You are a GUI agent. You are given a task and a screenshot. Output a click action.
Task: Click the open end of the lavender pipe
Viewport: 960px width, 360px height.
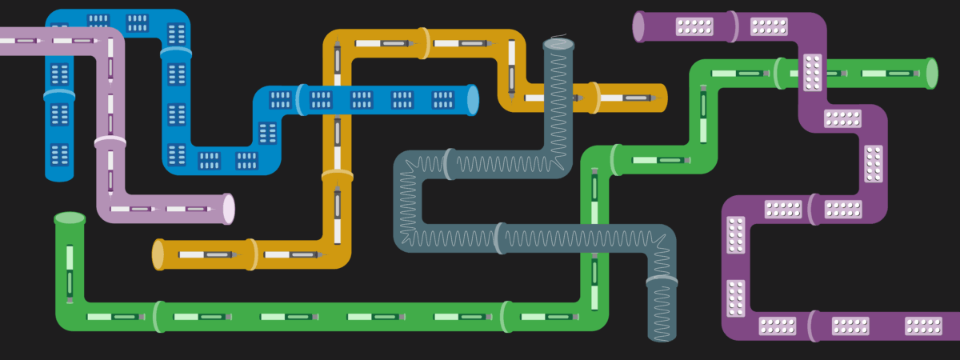229,209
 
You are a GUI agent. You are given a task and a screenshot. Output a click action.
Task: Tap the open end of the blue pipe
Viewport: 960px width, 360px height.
472,100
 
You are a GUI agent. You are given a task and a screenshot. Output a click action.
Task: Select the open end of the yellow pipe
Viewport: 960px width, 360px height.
158,254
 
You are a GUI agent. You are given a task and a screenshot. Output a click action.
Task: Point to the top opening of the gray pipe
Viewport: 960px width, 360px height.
558,45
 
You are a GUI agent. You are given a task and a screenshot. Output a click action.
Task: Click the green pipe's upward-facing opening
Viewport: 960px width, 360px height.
70,218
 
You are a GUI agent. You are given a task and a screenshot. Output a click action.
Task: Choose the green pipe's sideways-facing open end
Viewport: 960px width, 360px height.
931,73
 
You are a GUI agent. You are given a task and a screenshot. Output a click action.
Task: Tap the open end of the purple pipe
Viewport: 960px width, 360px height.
639,26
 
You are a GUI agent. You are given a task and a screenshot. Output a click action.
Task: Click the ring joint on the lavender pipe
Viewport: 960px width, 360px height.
110,142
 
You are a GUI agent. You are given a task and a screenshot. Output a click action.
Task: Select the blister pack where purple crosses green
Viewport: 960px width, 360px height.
813,73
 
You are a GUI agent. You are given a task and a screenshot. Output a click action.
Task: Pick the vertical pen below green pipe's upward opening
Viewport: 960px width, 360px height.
70,272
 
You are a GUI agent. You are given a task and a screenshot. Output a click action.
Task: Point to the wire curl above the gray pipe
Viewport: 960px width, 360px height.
558,35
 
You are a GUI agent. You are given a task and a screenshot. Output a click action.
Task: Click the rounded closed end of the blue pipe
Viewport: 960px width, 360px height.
59,173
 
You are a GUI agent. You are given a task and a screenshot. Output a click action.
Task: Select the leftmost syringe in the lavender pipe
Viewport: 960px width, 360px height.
24,40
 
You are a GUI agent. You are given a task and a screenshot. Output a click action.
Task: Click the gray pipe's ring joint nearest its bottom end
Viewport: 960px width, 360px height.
662,281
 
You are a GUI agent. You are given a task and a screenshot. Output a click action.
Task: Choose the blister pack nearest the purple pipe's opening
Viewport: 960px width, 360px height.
694,26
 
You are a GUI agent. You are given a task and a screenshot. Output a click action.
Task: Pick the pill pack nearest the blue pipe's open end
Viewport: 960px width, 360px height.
443,100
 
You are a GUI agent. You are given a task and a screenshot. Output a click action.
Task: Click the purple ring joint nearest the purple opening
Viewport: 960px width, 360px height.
733,26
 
